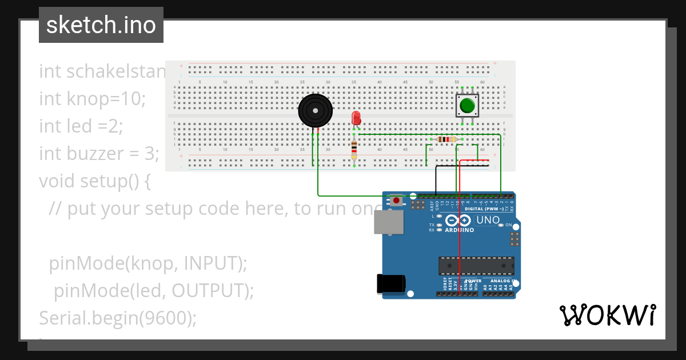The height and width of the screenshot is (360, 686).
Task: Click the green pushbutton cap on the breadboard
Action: [x=467, y=106]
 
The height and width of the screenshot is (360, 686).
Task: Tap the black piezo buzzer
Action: [x=315, y=110]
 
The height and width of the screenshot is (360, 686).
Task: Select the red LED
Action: [x=356, y=118]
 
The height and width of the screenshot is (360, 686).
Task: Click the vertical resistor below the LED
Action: [x=354, y=150]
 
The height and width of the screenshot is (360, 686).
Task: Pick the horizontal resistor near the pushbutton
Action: [x=446, y=139]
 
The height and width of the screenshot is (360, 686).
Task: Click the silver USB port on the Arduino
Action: [x=389, y=222]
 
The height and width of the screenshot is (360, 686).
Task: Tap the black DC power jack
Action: [x=392, y=284]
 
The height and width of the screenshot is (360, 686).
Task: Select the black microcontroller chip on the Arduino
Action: [x=476, y=266]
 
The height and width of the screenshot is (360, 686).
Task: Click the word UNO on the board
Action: [x=488, y=220]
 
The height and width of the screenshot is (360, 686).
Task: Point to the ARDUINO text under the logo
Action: [x=459, y=230]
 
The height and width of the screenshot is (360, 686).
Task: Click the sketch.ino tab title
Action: [x=101, y=25]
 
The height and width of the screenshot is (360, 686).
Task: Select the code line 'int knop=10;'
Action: [x=93, y=99]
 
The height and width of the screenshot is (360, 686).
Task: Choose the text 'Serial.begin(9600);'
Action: [x=117, y=318]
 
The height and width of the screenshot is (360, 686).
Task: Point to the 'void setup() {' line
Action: [x=94, y=181]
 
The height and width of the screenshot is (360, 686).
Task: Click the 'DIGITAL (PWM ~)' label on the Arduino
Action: [x=484, y=209]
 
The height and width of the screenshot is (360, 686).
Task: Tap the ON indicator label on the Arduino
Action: [x=508, y=225]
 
